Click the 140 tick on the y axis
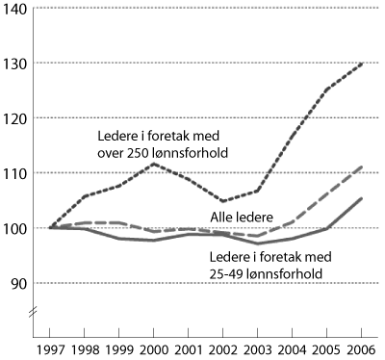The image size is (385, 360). coord(17,9)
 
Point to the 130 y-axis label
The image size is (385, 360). coord(17,64)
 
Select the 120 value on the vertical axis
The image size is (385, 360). coord(17,118)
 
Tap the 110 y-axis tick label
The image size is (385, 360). coord(17,173)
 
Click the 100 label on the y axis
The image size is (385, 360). coord(17,228)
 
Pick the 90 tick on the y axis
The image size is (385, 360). coord(20,283)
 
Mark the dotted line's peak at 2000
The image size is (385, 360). coord(154,164)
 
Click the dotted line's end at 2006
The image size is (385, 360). coord(362,64)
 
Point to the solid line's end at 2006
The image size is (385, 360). coord(362,198)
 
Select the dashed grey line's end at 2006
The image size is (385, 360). coord(362,167)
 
